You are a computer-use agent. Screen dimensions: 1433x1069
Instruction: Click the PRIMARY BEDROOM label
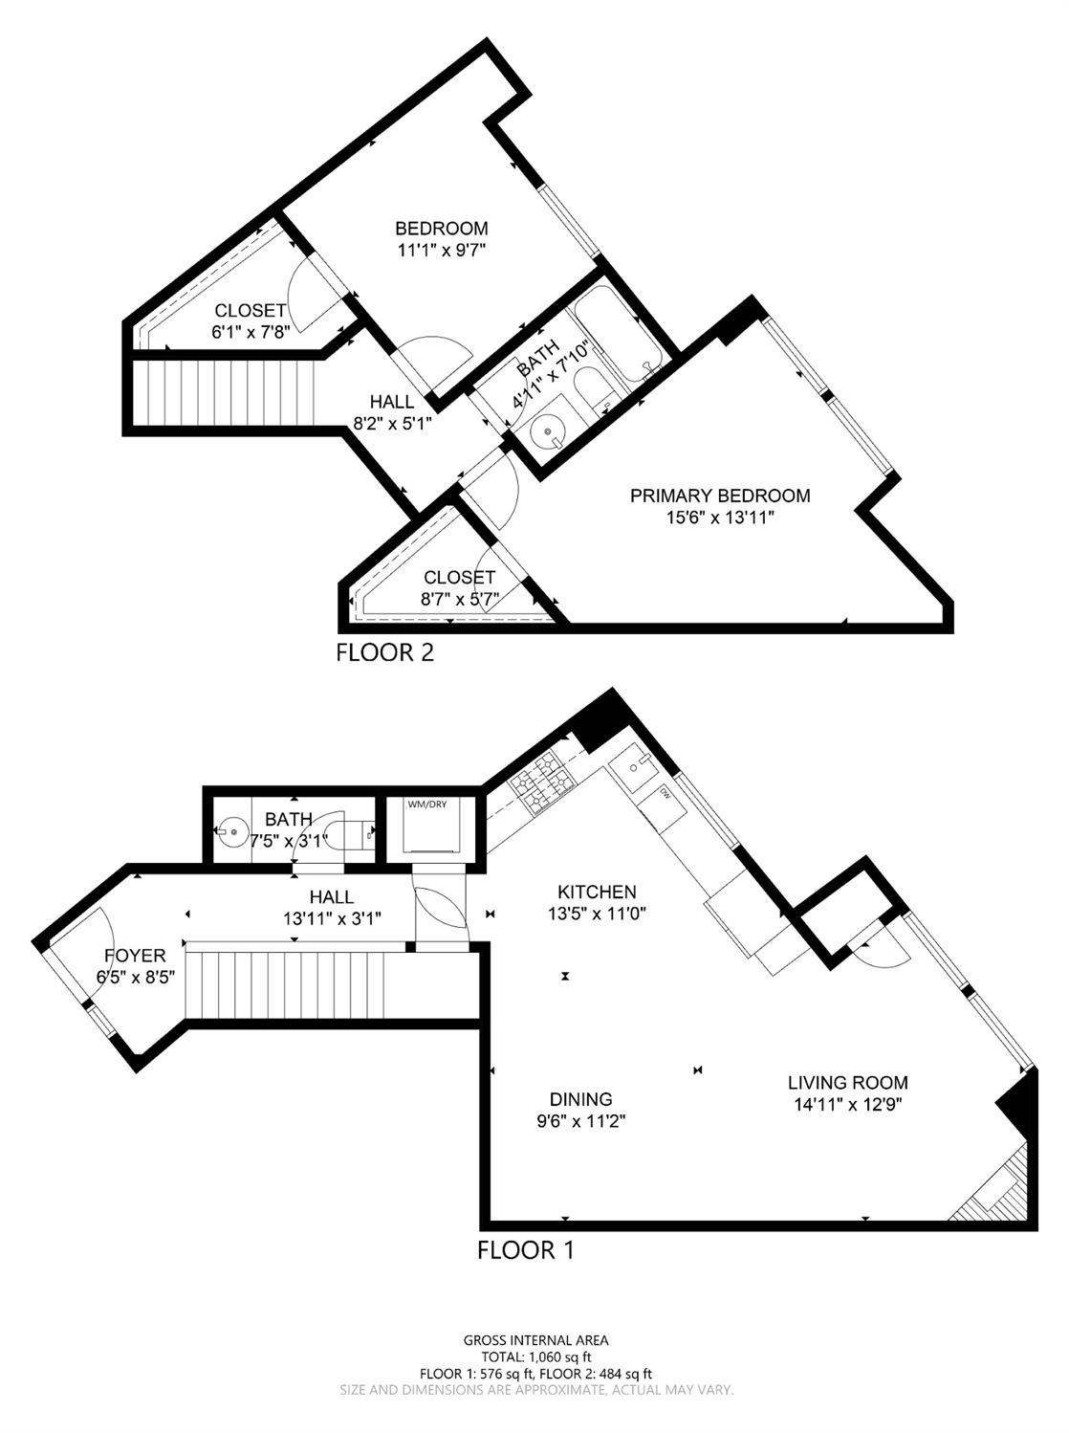coord(720,496)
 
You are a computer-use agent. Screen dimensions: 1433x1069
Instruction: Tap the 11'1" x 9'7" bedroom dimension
coord(442,250)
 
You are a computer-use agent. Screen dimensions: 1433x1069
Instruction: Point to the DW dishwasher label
coord(664,794)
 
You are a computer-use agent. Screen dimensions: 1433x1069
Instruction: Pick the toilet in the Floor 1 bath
coord(349,831)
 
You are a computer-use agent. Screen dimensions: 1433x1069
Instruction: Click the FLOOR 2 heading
coord(385,652)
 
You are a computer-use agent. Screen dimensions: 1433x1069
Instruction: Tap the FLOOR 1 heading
coord(526,1249)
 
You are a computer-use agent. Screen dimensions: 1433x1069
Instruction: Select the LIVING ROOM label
coord(847,1083)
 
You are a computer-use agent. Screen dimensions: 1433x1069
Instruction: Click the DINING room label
coord(580,1099)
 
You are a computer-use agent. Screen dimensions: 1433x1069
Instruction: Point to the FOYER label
coord(135,956)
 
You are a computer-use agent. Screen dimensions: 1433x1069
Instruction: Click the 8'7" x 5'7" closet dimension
coord(459,599)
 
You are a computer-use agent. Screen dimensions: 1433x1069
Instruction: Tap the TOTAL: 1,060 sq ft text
coord(534,1356)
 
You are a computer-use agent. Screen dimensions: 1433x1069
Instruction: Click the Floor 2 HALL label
coord(392,402)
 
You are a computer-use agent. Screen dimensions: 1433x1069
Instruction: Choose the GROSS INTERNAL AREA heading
coord(535,1340)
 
